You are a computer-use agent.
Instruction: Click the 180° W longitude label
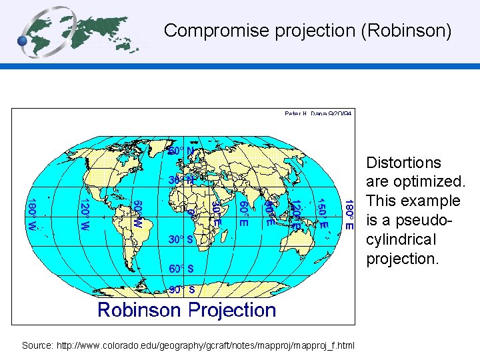[x=31, y=214]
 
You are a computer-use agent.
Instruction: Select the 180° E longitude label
[x=349, y=214]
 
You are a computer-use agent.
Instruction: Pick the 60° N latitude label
[x=181, y=152]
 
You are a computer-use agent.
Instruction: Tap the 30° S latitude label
[x=181, y=239]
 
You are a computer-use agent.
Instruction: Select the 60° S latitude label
[x=181, y=269]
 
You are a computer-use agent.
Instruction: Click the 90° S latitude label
[x=181, y=290]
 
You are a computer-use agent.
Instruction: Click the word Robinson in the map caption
[x=139, y=310]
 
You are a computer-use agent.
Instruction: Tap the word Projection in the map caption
[x=230, y=310]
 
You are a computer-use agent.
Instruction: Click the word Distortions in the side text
[x=404, y=163]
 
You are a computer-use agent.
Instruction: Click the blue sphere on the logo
[x=23, y=41]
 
